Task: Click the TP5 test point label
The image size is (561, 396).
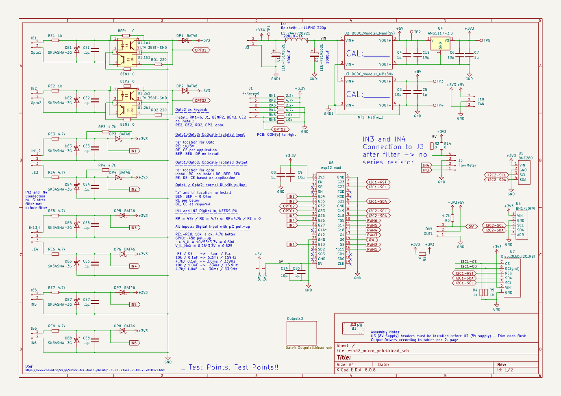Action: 487,41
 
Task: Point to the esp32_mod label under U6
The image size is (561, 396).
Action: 331,168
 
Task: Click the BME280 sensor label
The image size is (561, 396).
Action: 526,158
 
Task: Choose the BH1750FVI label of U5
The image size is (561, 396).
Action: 525,208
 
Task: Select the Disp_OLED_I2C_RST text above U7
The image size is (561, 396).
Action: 518,257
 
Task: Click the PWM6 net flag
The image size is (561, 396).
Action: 372,221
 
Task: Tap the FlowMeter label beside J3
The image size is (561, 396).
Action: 467,165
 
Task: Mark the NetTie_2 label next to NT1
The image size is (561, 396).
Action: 375,117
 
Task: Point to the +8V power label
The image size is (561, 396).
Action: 417,72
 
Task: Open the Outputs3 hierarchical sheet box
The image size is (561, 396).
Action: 301,333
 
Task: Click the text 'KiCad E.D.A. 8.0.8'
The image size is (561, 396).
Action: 356,370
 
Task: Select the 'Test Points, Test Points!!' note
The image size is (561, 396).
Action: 230,367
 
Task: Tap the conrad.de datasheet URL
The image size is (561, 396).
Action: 95,370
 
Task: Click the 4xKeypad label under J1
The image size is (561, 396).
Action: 250,93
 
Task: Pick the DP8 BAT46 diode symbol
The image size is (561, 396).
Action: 122,331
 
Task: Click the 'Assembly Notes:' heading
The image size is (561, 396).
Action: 385,332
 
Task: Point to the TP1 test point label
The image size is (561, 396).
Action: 269,29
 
